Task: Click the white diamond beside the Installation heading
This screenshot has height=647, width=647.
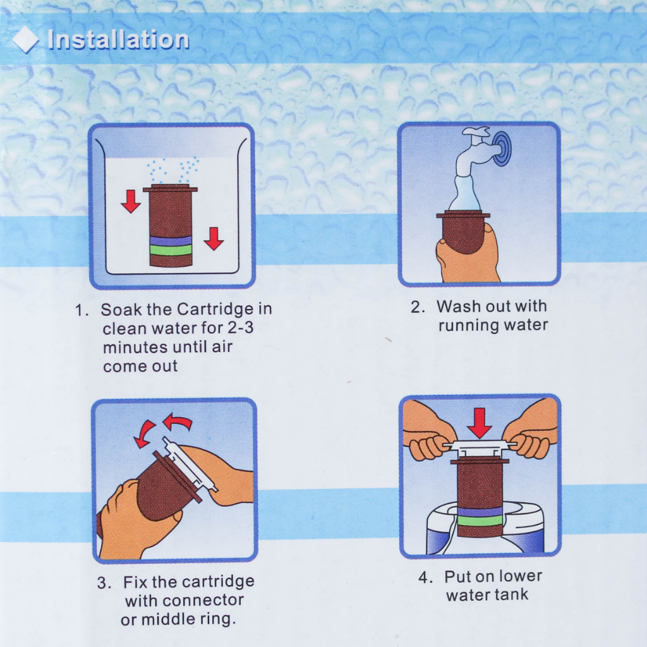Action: tap(25, 40)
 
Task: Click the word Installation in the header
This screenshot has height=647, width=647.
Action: tap(118, 40)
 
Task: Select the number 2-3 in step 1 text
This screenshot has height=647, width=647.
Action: tap(241, 328)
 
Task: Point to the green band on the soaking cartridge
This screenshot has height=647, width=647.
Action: tap(171, 250)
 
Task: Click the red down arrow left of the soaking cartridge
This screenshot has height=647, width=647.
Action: tap(131, 202)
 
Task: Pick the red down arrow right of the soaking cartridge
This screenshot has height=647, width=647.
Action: tap(214, 238)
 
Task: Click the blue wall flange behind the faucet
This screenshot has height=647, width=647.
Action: tap(501, 148)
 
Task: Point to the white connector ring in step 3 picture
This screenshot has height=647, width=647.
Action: tap(189, 464)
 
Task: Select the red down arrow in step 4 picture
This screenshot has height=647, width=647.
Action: tap(480, 423)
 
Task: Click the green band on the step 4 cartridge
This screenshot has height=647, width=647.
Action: tap(480, 521)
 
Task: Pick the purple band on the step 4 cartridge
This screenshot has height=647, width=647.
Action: tap(480, 512)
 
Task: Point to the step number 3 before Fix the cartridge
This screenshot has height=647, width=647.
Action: tap(103, 583)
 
